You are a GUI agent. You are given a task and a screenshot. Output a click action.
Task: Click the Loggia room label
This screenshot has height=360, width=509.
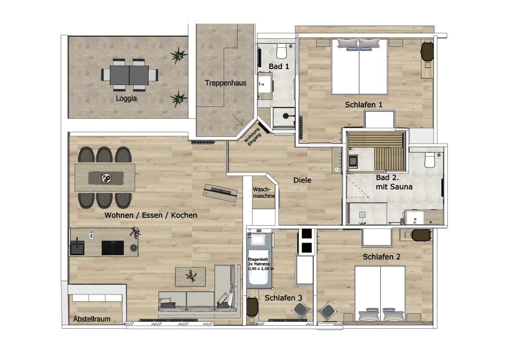click(126, 98)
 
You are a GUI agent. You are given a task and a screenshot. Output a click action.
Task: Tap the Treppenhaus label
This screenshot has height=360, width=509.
click(226, 83)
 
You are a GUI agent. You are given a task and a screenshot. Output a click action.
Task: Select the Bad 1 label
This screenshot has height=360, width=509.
click(278, 67)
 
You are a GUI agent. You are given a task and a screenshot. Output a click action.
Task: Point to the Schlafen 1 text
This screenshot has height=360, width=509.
click(363, 104)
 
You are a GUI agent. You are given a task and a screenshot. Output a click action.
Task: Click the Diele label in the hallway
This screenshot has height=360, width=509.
click(302, 180)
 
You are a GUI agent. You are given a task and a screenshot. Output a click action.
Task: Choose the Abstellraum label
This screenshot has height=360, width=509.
click(92, 319)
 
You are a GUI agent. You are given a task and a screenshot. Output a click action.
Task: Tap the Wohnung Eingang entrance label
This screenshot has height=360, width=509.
click(252, 137)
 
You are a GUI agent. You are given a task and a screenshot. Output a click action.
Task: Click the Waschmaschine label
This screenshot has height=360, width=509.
click(264, 193)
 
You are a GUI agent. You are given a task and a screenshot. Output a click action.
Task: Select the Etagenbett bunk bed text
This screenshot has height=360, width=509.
click(260, 264)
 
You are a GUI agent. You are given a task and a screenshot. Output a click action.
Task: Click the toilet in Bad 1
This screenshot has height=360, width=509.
click(281, 50)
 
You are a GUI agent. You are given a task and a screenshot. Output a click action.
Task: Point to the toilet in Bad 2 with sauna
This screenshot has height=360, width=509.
click(430, 160)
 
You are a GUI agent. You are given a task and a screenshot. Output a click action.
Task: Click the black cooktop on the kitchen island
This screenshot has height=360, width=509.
click(113, 248)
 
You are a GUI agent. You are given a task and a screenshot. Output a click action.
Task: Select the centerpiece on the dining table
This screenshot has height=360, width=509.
click(106, 178)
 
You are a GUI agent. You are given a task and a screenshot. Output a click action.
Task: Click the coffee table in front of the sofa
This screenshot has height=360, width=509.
click(190, 277)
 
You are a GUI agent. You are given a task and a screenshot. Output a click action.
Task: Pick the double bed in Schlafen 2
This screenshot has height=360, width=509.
click(380, 294)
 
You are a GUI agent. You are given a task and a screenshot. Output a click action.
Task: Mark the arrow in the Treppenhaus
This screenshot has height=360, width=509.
click(238, 120)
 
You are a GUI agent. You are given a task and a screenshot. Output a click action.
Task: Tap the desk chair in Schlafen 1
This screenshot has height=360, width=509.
click(427, 52)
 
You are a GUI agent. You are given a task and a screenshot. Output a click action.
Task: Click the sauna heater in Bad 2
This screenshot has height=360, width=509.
click(353, 161)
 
